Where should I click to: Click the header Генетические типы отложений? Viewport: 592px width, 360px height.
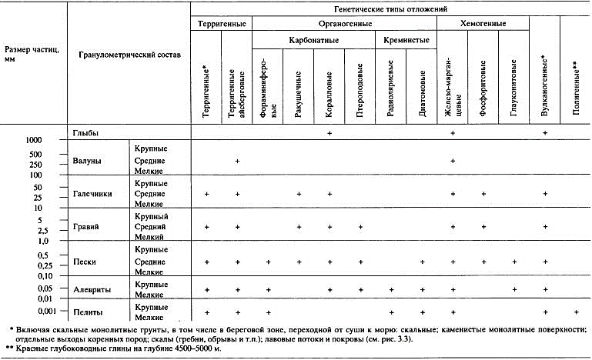point(390,9)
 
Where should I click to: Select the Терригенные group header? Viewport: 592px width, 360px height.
point(222,24)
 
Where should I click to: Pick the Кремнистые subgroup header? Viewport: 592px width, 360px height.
point(405,38)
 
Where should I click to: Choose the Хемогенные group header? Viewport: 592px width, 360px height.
point(483,24)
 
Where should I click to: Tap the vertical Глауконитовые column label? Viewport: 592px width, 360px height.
point(514,95)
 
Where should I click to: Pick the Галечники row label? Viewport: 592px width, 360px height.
point(91,194)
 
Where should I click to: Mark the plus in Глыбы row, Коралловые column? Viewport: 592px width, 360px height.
point(329,133)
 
